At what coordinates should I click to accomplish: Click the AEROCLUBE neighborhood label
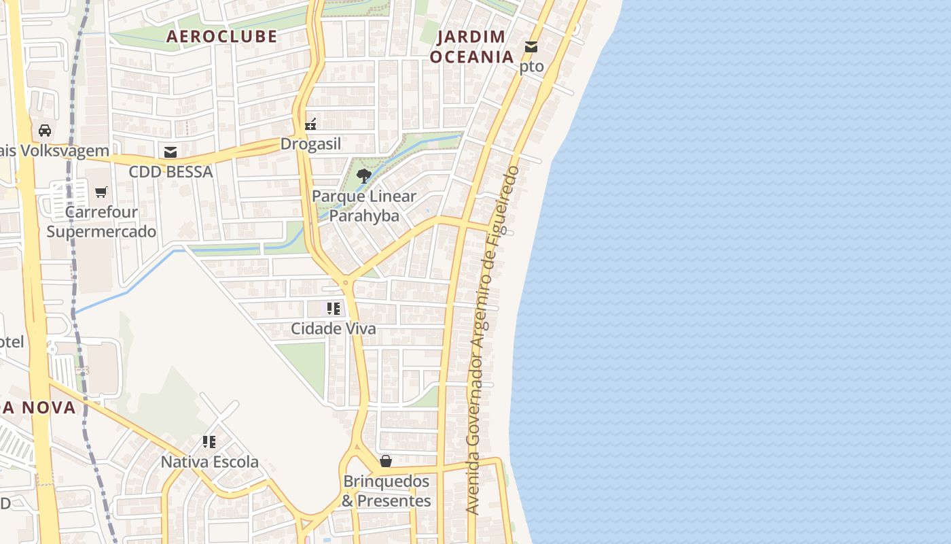click(x=221, y=36)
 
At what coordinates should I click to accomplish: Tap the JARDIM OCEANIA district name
click(x=471, y=46)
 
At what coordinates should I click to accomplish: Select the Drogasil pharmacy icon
click(x=310, y=124)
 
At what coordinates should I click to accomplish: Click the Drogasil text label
click(x=310, y=144)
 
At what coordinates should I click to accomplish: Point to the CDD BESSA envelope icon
click(x=170, y=152)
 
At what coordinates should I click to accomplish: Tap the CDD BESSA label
click(x=171, y=172)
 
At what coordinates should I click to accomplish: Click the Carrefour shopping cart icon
click(x=101, y=192)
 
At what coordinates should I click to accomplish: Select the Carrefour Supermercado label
click(x=101, y=222)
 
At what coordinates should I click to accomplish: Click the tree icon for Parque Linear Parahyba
click(x=364, y=176)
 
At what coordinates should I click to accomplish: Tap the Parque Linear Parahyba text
click(x=364, y=206)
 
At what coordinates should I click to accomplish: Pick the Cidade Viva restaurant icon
click(x=333, y=309)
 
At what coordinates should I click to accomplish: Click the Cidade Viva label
click(x=333, y=328)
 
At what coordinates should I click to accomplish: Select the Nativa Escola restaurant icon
click(x=209, y=442)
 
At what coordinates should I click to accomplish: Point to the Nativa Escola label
click(x=209, y=462)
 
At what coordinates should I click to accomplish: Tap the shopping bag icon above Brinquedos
click(x=386, y=461)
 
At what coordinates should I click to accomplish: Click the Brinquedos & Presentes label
click(x=386, y=491)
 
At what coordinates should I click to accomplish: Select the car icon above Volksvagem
click(x=45, y=130)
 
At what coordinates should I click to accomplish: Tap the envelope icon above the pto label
click(x=531, y=47)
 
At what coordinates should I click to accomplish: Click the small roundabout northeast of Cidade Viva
click(x=346, y=282)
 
